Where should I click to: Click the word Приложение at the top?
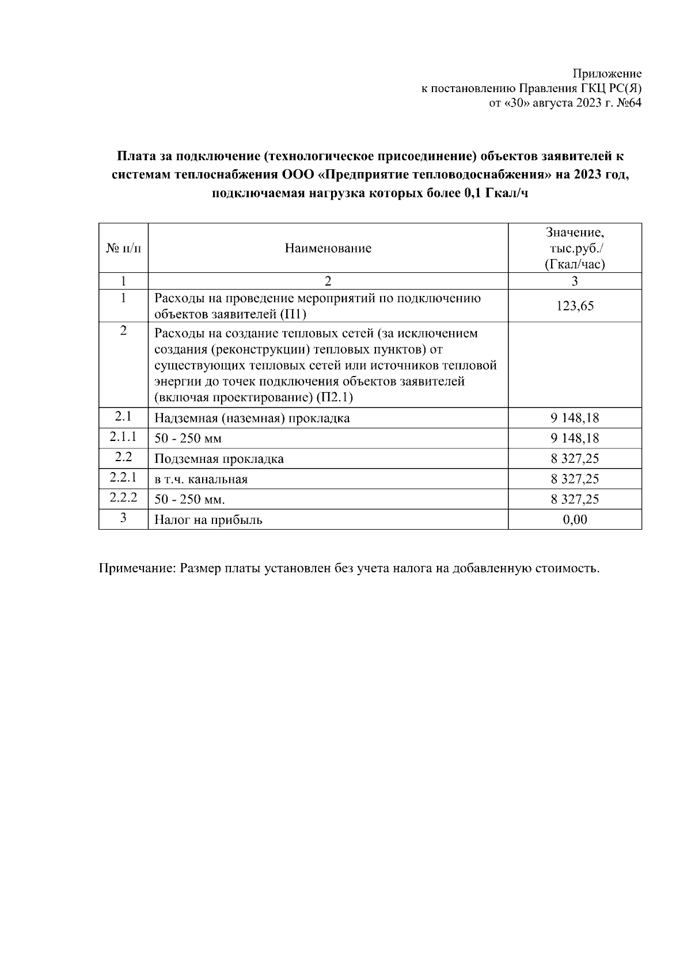(x=607, y=74)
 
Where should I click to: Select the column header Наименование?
(x=328, y=248)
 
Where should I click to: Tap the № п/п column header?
(x=123, y=248)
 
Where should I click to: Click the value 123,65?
(x=575, y=306)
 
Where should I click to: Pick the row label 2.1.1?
(x=123, y=437)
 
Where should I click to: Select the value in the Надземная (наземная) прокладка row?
(x=575, y=418)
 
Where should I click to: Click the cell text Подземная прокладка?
(x=219, y=459)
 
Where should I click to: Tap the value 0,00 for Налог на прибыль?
(x=575, y=520)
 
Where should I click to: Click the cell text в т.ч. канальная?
(x=201, y=479)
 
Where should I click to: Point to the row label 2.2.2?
(x=123, y=497)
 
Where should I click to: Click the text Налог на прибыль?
(x=208, y=520)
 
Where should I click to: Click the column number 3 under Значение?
(x=575, y=281)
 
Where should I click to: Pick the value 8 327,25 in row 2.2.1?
(x=575, y=479)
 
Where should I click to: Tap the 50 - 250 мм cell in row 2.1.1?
(x=188, y=439)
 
